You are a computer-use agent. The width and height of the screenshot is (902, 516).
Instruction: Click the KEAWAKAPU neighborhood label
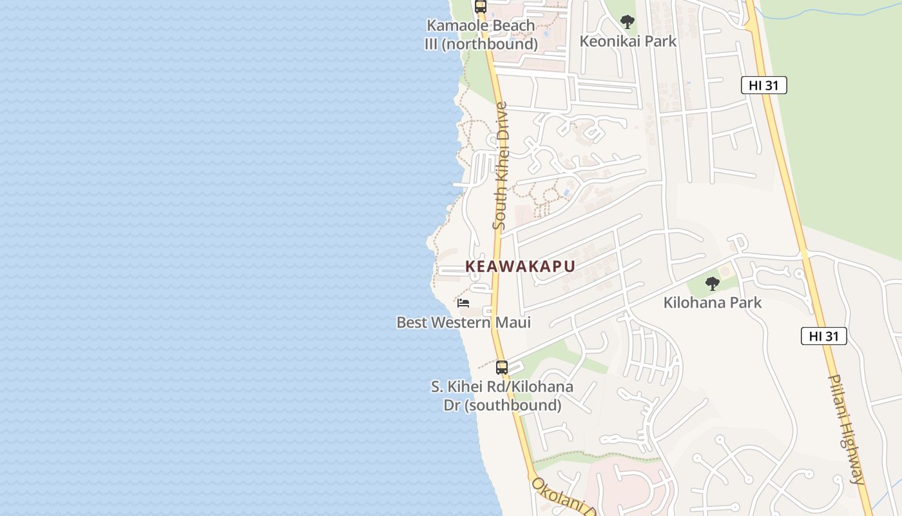click(x=520, y=266)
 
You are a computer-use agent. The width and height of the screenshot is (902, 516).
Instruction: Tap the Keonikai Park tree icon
click(x=627, y=22)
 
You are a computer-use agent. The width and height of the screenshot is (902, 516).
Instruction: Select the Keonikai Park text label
click(x=628, y=41)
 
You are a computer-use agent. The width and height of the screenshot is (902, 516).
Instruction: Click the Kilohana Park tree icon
click(x=712, y=283)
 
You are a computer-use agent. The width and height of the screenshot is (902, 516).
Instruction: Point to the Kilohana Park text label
click(x=713, y=303)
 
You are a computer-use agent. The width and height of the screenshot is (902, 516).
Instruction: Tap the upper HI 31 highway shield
click(x=764, y=85)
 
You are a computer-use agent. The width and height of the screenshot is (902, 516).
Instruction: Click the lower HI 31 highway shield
click(x=824, y=336)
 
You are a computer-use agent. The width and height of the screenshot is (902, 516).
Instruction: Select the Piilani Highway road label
click(x=848, y=429)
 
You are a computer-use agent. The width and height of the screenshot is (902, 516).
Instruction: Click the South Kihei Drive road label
click(x=501, y=166)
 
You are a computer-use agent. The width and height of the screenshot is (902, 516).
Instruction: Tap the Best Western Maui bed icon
click(x=463, y=303)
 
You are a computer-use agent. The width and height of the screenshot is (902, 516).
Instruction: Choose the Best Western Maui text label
click(x=463, y=322)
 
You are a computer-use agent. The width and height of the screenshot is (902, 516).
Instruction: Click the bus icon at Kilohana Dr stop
click(x=502, y=368)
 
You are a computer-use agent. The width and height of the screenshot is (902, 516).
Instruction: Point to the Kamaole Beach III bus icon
click(x=480, y=6)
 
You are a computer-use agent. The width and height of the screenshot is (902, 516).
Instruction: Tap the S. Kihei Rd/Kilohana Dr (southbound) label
click(x=502, y=396)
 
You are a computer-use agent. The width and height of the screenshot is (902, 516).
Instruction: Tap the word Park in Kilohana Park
click(x=747, y=303)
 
